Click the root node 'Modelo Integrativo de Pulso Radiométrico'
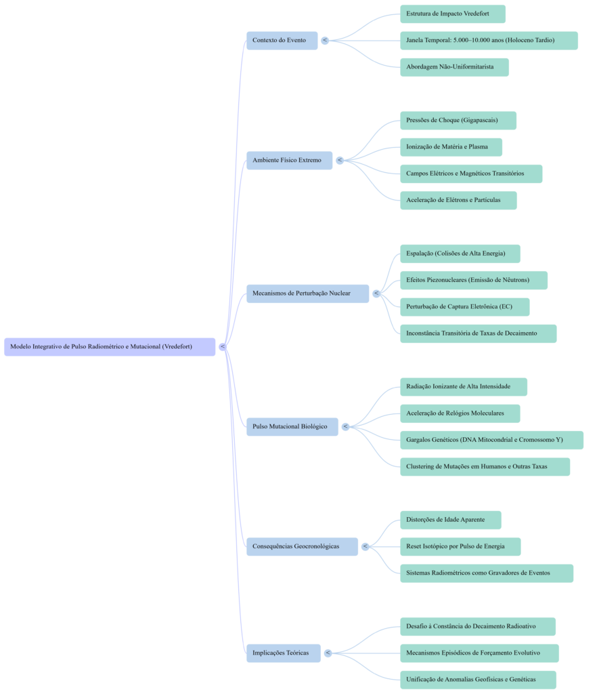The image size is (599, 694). click(110, 346)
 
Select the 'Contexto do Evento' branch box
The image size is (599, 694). click(281, 41)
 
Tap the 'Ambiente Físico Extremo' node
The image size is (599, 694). click(288, 161)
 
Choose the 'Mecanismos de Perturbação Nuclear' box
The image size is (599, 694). click(307, 293)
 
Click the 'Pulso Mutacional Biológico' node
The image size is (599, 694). click(292, 426)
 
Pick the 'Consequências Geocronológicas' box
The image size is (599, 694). click(302, 546)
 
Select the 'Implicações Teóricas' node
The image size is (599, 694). click(282, 653)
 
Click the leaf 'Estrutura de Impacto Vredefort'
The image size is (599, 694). click(452, 14)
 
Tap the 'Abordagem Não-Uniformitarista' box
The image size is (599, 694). click(454, 67)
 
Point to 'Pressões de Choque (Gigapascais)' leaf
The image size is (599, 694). click(458, 121)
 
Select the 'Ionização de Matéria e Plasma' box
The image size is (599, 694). click(451, 147)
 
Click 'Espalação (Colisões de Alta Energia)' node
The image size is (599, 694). click(460, 253)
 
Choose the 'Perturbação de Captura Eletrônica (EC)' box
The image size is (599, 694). click(464, 306)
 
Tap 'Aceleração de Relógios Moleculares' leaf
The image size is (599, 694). click(460, 413)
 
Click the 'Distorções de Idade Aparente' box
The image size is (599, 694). click(451, 520)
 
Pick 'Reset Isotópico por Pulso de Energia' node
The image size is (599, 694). click(460, 546)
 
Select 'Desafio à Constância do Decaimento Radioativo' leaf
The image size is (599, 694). click(477, 626)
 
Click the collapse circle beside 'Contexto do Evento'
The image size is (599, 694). click(326, 41)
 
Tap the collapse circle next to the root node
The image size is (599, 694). click(223, 346)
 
